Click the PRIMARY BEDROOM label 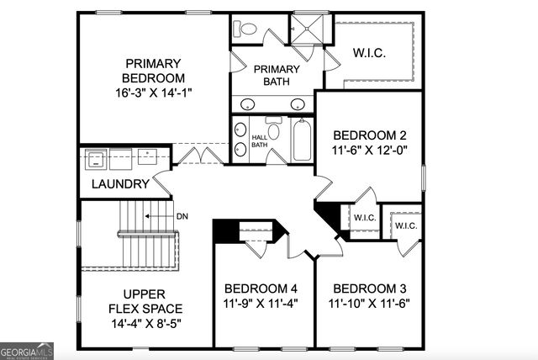(154, 71)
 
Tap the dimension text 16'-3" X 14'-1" (154, 93)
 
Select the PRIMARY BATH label (276, 75)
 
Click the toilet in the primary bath (247, 28)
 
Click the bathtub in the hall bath (301, 140)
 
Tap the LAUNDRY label (120, 184)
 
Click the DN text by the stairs (182, 216)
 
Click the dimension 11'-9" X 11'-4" (261, 303)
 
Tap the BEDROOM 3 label (370, 287)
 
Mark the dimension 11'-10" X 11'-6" (370, 303)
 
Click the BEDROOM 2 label (370, 135)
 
